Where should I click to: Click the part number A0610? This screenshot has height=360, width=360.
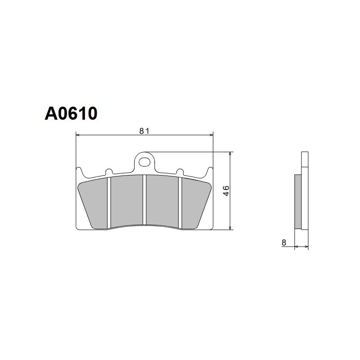(x=71, y=113)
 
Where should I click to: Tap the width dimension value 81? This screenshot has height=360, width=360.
(x=144, y=131)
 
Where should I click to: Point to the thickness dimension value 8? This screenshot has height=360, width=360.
(x=283, y=243)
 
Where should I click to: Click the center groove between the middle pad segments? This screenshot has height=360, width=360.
(x=144, y=200)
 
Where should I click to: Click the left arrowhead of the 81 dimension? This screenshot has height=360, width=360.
(x=78, y=134)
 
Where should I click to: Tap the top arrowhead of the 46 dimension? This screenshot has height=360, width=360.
(x=230, y=154)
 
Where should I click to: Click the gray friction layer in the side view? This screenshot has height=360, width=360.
(x=297, y=201)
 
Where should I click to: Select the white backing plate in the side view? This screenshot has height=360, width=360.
(x=305, y=193)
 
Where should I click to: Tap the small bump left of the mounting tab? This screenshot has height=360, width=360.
(x=108, y=171)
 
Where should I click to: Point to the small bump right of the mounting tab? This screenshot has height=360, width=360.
(x=180, y=171)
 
